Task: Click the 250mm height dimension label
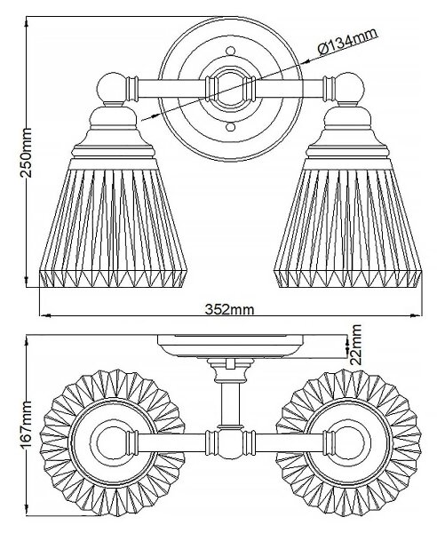click(26, 153)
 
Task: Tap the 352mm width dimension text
click(229, 309)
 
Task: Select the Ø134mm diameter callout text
click(347, 42)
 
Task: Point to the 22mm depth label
click(357, 345)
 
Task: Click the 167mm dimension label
click(26, 426)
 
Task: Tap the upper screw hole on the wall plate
click(230, 51)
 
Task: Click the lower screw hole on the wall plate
click(230, 127)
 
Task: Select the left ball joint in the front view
click(111, 88)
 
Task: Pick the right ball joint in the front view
click(350, 88)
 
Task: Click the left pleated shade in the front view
click(114, 227)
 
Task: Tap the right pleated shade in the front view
click(347, 227)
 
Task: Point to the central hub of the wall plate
click(230, 89)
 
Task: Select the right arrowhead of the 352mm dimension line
click(417, 315)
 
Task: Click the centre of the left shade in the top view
click(112, 442)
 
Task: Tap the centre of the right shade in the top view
click(349, 442)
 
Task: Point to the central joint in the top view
click(230, 443)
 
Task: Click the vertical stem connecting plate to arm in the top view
click(230, 403)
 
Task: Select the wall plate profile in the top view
click(230, 346)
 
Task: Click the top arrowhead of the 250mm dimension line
click(27, 21)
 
